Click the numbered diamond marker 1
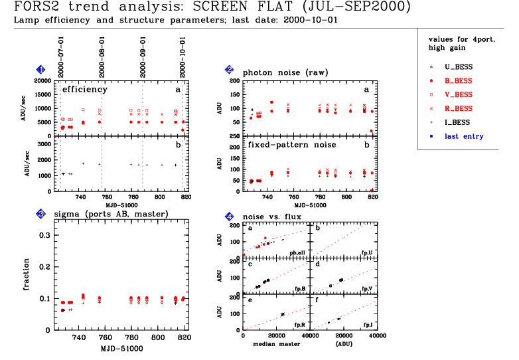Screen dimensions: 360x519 41,70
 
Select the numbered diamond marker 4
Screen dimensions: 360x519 230,217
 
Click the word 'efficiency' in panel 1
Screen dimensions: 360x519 84,88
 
